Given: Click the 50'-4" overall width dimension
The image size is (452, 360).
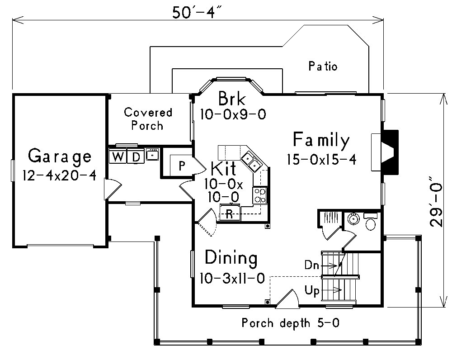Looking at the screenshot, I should [x=198, y=12].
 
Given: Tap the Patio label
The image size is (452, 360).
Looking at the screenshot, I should [x=323, y=66].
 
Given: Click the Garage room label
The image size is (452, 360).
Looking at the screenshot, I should [x=59, y=156].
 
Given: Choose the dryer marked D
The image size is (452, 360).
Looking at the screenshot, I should [x=136, y=156].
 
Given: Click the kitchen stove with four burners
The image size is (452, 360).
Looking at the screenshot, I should [x=260, y=195].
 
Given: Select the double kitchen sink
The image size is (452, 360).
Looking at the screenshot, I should [x=251, y=162].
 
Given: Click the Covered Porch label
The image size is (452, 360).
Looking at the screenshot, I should [x=148, y=118].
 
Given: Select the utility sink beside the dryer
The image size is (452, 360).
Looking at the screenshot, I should [x=152, y=155].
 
